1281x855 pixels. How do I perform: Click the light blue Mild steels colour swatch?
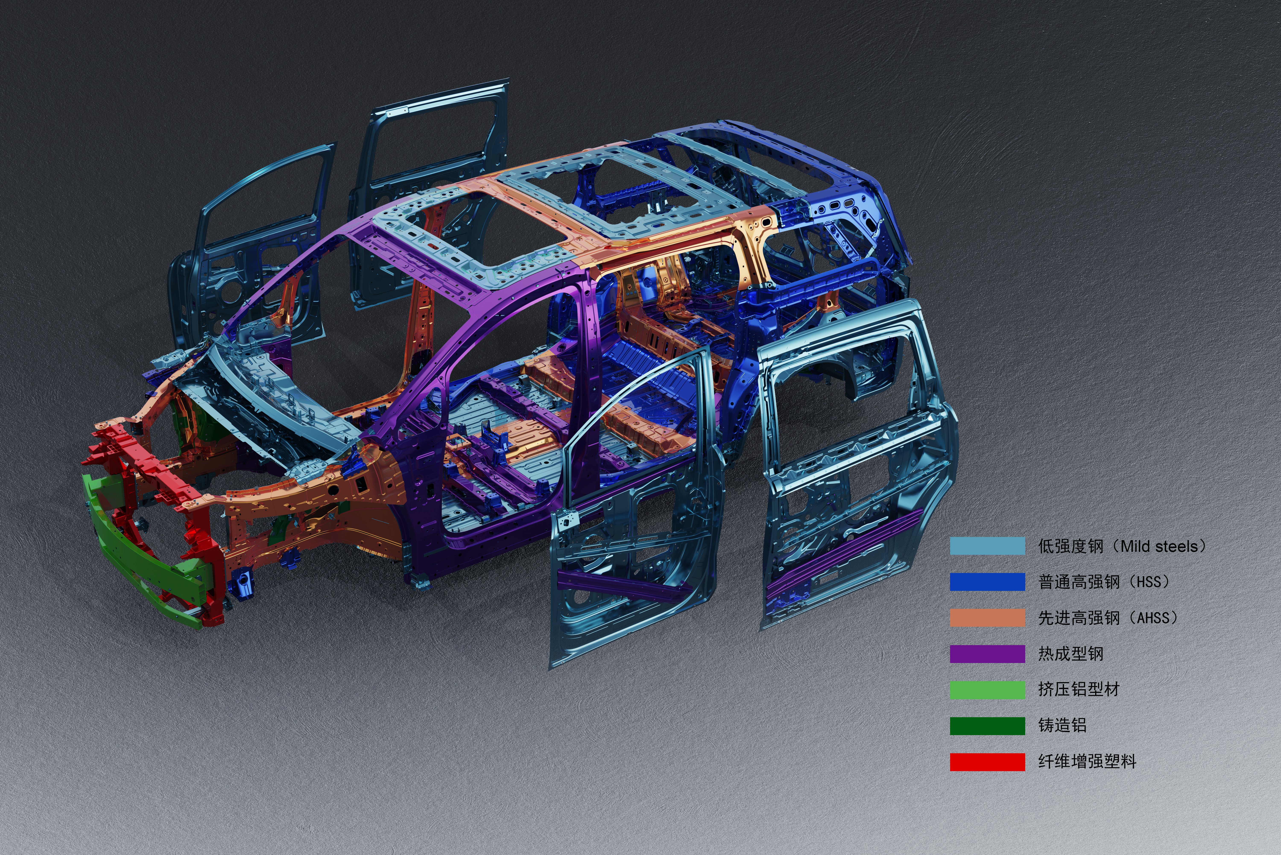(x=987, y=546)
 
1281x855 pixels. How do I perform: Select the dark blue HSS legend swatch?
(x=987, y=582)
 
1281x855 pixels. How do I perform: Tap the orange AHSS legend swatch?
(x=987, y=618)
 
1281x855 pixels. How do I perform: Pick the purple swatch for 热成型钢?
(x=987, y=654)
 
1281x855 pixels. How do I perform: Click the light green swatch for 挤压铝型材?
(x=987, y=690)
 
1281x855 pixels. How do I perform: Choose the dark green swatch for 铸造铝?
(x=987, y=726)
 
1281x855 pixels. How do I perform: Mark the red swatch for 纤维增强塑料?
(x=987, y=762)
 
